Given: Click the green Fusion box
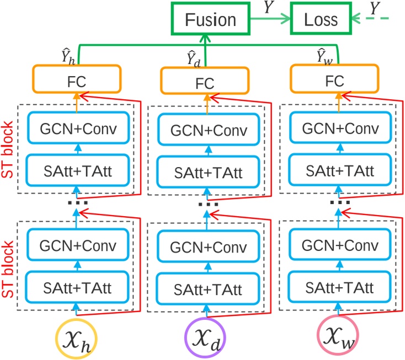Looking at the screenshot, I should pyautogui.click(x=202, y=19).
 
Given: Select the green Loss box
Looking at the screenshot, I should pyautogui.click(x=324, y=19).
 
